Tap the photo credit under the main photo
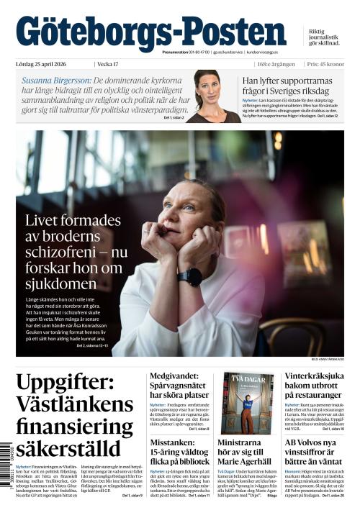coord(328,359)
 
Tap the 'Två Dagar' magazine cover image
coord(248,401)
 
